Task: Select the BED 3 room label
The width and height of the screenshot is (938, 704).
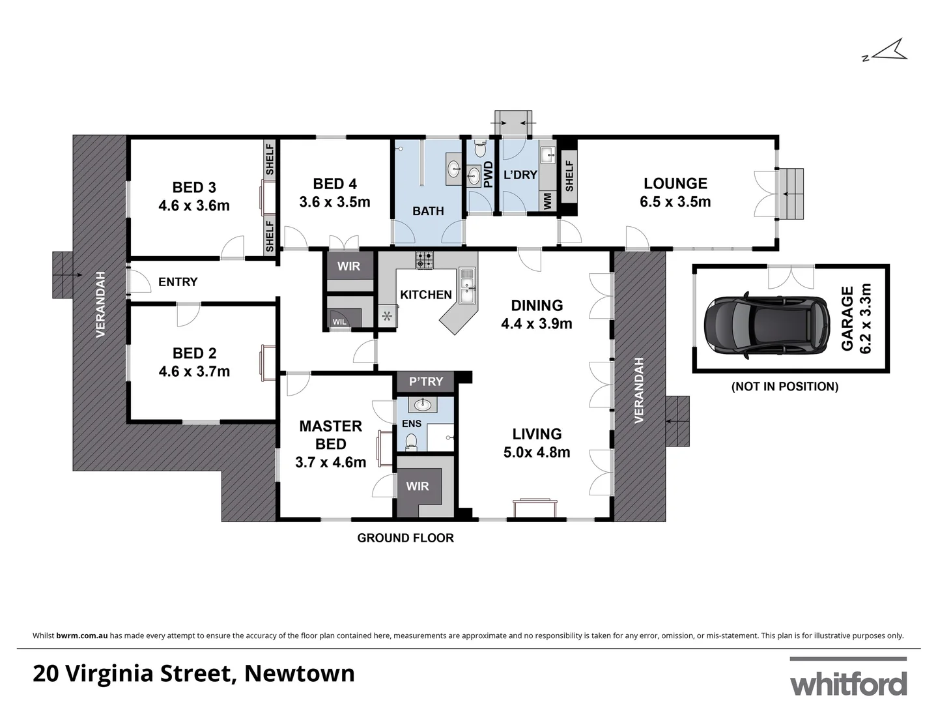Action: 194,187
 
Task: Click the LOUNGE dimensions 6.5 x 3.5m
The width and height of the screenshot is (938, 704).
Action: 675,202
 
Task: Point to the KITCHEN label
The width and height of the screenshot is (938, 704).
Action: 425,295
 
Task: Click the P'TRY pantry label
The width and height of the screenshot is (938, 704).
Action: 426,381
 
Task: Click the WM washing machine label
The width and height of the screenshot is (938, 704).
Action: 547,200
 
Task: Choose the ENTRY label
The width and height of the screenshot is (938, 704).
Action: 178,282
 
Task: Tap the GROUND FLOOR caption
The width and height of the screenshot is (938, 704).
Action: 405,538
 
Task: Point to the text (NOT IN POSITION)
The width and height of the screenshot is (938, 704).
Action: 785,387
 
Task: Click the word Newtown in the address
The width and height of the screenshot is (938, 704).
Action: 300,673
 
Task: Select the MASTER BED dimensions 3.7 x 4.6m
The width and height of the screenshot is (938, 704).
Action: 330,462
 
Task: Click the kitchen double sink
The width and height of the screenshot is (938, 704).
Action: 466,287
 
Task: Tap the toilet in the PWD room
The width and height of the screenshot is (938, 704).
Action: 481,150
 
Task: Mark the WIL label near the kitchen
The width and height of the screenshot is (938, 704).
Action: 339,322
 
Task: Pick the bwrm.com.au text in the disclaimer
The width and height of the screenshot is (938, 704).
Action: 82,636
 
